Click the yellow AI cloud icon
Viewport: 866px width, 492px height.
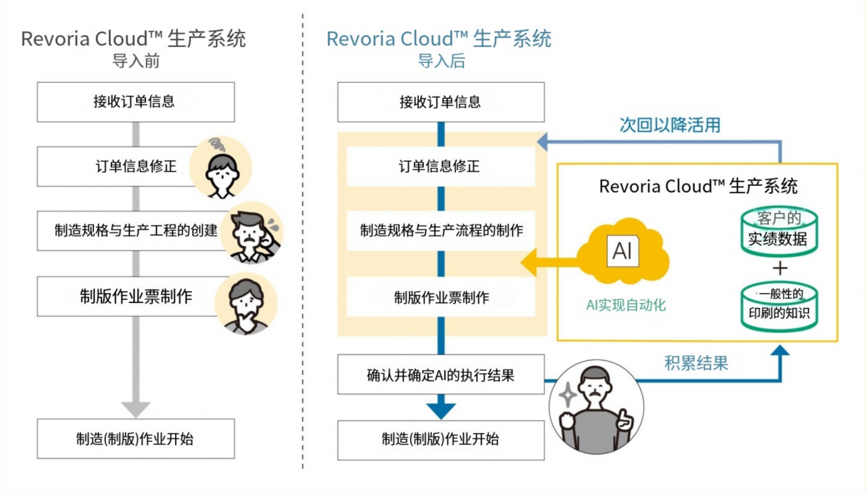pos(623,252)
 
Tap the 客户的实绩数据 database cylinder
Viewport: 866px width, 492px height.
pos(779,231)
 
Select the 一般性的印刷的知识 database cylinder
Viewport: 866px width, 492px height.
pos(779,306)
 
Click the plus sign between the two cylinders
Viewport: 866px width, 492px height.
pos(780,268)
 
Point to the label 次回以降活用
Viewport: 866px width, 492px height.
pos(670,125)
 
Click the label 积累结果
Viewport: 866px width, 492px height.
pos(696,363)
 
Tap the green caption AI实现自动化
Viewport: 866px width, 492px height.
pos(626,305)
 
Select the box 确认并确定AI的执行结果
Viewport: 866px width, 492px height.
pos(441,375)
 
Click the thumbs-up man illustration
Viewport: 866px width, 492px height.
pos(596,407)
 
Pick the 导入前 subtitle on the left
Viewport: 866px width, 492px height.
pos(136,61)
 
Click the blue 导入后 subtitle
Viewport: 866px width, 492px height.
pos(441,61)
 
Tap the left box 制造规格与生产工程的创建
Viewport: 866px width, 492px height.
pos(136,231)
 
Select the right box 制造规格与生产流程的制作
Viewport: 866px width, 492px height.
pos(441,231)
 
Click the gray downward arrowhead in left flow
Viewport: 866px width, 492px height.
pos(136,408)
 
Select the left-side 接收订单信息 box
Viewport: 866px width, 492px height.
pos(136,102)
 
